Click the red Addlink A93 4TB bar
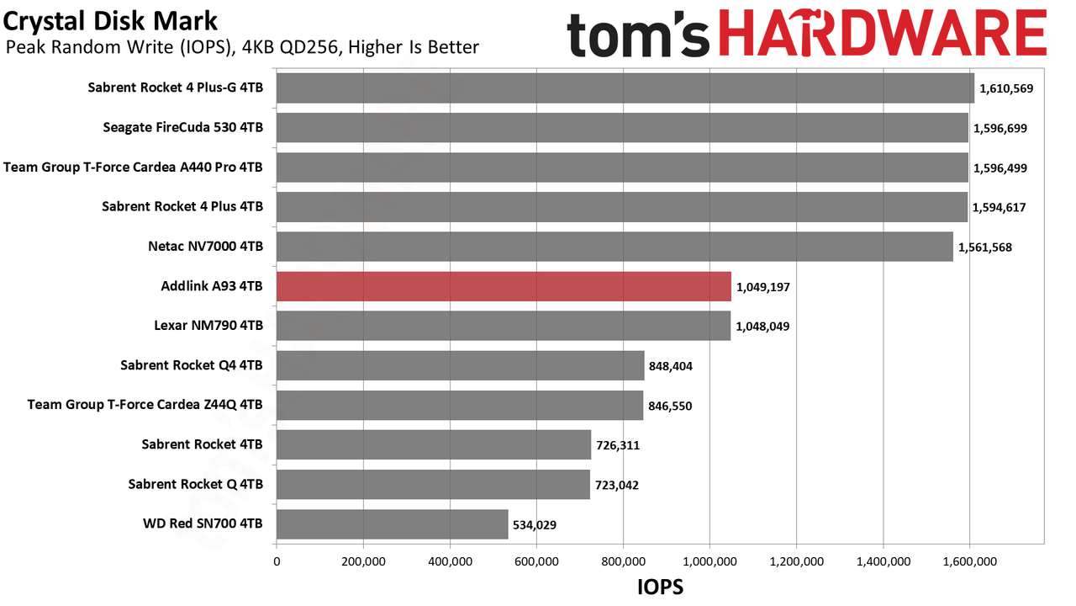pos(504,286)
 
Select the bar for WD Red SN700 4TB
pos(392,524)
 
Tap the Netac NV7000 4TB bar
pos(614,247)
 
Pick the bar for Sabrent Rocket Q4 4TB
pos(460,365)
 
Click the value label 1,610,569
pos(1006,88)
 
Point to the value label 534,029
pos(534,524)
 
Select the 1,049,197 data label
pos(762,287)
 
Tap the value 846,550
pos(670,406)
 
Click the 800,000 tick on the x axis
pos(623,561)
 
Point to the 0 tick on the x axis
pos(277,561)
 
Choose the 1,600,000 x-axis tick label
pos(970,561)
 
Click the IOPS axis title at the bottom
pos(660,587)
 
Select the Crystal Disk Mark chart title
pos(110,22)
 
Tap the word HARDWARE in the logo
pos(883,34)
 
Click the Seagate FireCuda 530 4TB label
pos(183,127)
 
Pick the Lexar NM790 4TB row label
pos(208,326)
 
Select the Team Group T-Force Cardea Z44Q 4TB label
pos(145,405)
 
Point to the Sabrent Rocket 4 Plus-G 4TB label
pos(176,88)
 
